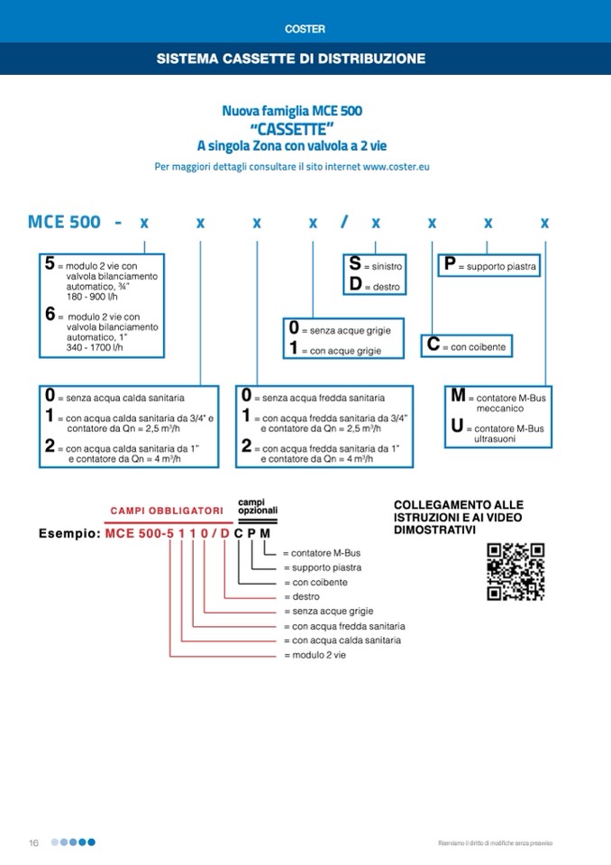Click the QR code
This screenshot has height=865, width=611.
pos(515,572)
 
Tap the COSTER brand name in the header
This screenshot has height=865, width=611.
pos(305,29)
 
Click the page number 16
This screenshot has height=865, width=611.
pos(33,842)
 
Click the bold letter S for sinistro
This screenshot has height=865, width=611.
pos(355,265)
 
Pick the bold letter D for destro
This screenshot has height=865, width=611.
pos(355,285)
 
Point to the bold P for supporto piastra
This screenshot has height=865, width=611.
pos(449,265)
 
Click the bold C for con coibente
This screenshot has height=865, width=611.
pos(433,345)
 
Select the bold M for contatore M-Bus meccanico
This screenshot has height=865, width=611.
pos(458,396)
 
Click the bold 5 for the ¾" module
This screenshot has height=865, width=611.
pos(50,265)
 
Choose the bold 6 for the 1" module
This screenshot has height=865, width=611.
pos(50,316)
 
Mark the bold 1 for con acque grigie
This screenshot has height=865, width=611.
pos(294,349)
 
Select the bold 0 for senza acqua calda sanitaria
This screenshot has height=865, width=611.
pos(50,396)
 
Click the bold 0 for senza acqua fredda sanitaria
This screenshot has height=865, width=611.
pos(246,396)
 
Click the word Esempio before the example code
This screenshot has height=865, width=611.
pos(68,534)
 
